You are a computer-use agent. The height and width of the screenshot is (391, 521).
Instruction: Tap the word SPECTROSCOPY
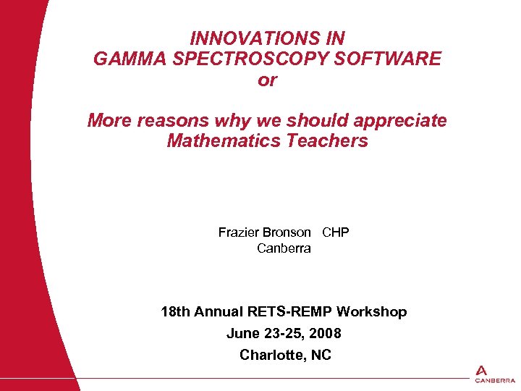click(250, 59)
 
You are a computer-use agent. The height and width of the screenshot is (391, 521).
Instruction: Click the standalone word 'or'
click(267, 80)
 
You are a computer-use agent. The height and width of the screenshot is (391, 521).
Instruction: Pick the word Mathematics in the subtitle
click(224, 140)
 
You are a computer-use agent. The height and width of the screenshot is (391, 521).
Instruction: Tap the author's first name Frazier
click(238, 232)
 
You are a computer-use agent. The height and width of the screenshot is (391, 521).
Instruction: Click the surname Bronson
click(287, 232)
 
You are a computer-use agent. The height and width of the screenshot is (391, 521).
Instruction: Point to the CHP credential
click(335, 232)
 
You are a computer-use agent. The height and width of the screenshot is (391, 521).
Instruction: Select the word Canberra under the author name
click(284, 248)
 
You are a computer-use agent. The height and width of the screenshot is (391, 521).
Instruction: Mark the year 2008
click(325, 334)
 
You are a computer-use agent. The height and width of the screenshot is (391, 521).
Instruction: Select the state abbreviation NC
click(320, 356)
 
